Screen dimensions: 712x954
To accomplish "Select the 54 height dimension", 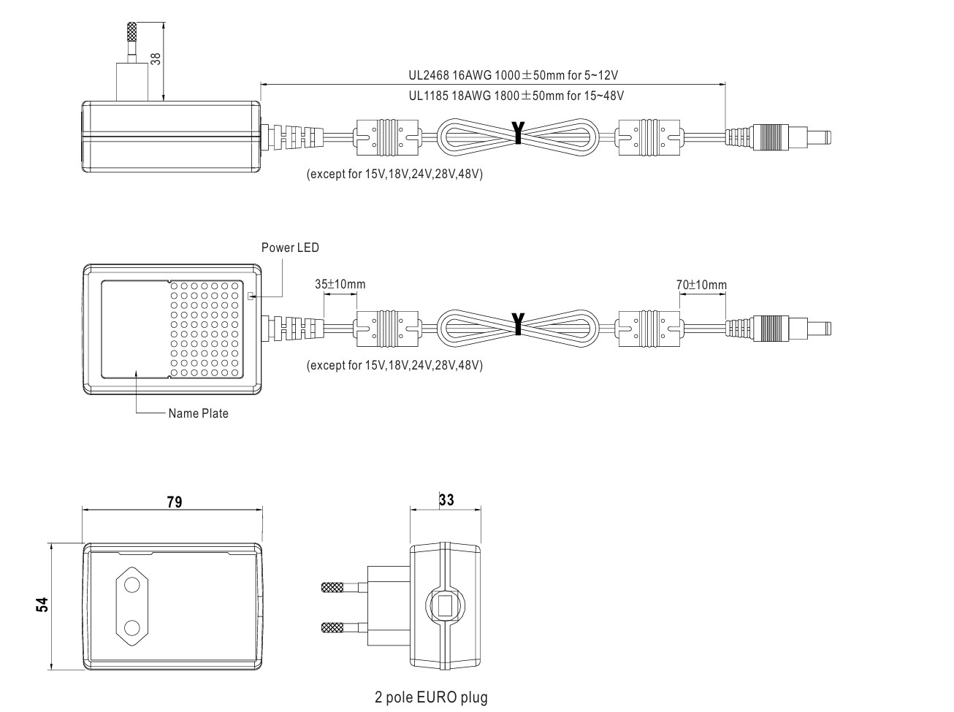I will [x=42, y=605].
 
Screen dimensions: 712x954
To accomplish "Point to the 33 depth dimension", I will [x=446, y=499].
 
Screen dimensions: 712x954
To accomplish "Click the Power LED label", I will [x=290, y=248].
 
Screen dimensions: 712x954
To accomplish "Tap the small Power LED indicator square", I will [x=251, y=296].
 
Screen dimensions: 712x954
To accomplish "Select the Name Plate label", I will [x=198, y=413].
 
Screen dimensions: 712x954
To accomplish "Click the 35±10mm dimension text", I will [x=340, y=284].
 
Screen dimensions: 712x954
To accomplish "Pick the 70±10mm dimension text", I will [x=701, y=284].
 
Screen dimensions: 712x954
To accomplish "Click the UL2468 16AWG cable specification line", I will [x=514, y=75].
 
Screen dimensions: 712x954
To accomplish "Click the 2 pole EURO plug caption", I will [x=431, y=697].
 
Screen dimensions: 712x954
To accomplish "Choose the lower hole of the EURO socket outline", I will [x=132, y=627].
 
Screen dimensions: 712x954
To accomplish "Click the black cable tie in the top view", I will [x=518, y=132].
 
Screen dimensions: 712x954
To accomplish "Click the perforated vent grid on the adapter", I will [x=207, y=329].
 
